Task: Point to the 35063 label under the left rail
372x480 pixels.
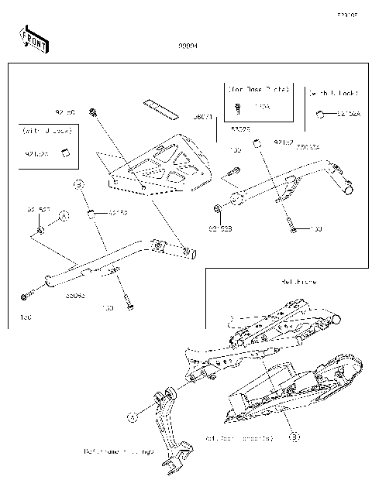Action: point(74,295)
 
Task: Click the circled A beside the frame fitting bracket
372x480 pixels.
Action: point(132,416)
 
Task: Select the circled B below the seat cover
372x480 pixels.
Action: point(294,437)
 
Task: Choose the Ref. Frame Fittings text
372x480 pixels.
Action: point(119,451)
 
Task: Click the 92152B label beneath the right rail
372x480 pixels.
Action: point(219,229)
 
